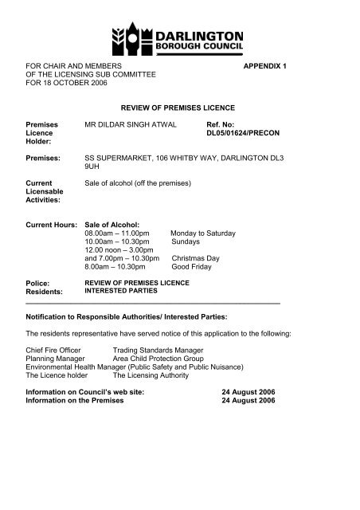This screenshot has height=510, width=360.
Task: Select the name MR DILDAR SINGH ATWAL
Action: click(136, 126)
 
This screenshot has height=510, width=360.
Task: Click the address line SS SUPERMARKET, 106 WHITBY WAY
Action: click(185, 159)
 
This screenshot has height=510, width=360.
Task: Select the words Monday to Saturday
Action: click(203, 233)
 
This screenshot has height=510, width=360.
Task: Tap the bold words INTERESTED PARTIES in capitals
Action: click(119, 292)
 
